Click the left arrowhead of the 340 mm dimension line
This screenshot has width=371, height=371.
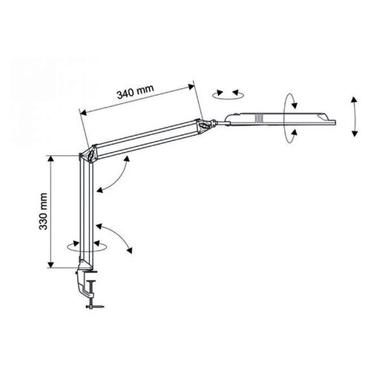pyautogui.click(x=82, y=112)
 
